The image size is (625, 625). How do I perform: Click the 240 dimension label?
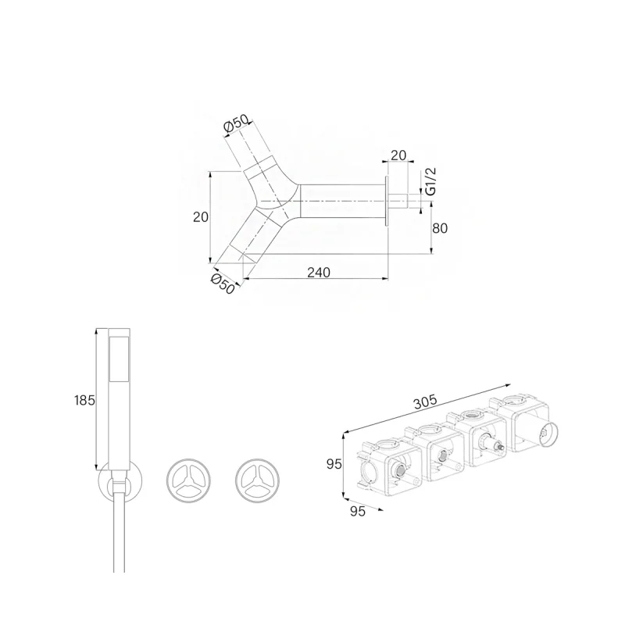319,272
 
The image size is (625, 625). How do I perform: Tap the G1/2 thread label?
431,181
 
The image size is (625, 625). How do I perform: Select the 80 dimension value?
440,228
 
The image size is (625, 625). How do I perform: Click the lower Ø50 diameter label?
223,284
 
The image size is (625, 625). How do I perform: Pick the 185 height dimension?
84,400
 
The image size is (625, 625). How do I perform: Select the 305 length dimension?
425,402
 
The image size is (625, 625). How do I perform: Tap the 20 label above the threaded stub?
398,155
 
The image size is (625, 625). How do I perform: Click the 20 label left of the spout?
201,217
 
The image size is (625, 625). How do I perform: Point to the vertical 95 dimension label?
334,464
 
